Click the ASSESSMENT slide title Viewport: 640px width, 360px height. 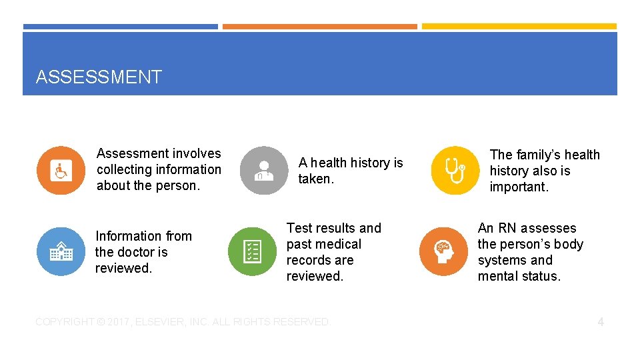coord(99,77)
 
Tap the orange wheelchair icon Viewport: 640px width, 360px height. coord(61,171)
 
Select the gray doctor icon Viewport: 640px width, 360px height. coord(264,171)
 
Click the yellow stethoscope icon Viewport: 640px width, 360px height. coord(455,170)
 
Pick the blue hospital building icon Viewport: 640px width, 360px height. coord(61,251)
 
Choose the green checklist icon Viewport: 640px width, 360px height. coord(252,251)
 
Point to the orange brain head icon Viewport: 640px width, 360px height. coord(443,251)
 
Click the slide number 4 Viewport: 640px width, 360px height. coord(601,322)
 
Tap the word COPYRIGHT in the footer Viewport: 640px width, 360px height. coord(65,322)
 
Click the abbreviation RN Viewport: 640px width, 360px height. coord(507,228)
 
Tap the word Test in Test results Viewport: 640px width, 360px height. coord(299,228)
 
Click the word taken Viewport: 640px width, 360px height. coord(316,179)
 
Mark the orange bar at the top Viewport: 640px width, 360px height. coord(320,27)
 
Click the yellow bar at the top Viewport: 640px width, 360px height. coord(519,27)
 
